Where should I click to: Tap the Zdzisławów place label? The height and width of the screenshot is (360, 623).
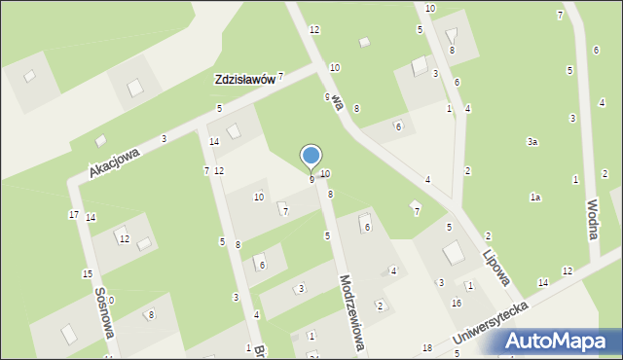click(x=243, y=80)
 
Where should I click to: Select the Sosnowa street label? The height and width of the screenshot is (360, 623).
click(x=104, y=311)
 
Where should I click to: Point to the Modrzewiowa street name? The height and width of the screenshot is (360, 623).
click(x=352, y=312)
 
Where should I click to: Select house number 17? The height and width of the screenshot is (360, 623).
click(x=73, y=214)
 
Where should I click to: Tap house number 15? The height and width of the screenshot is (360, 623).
click(x=87, y=274)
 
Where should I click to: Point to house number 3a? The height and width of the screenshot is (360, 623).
click(x=532, y=142)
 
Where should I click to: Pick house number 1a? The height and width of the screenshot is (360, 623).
click(x=534, y=198)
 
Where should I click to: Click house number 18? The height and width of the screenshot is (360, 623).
click(x=426, y=348)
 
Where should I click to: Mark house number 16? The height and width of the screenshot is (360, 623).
click(x=456, y=304)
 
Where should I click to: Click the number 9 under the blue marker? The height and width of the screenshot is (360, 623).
click(x=311, y=179)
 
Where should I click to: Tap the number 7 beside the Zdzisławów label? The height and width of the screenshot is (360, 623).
click(x=280, y=76)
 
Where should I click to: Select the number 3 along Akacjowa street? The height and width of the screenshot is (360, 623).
click(x=164, y=139)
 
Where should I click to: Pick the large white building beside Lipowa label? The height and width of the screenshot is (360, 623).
click(x=453, y=254)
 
